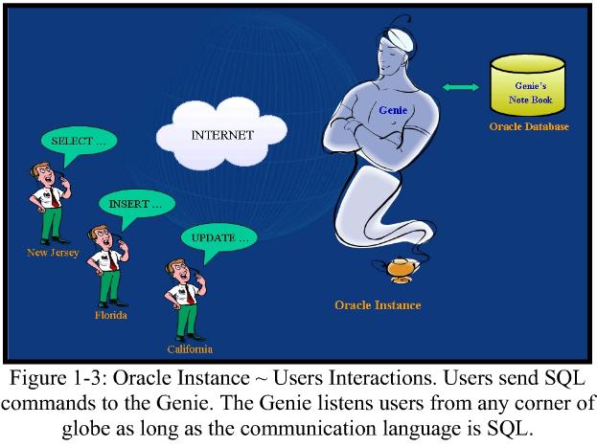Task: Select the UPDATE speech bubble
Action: pyautogui.click(x=218, y=236)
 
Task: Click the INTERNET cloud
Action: pyautogui.click(x=222, y=134)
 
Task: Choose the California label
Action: pyautogui.click(x=188, y=349)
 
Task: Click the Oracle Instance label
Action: pyautogui.click(x=377, y=305)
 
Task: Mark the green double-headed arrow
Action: pyautogui.click(x=460, y=88)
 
